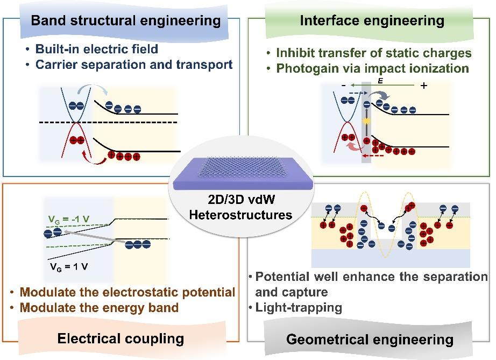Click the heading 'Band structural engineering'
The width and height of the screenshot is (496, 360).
(126, 21)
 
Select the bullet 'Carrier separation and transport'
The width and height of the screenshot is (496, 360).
(134, 65)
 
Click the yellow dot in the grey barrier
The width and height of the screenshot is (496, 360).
(367, 122)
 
